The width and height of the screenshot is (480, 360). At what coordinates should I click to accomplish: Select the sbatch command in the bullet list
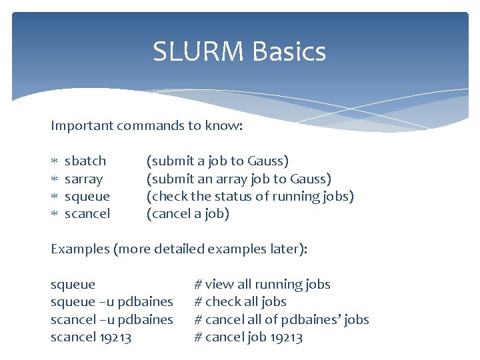click(x=85, y=161)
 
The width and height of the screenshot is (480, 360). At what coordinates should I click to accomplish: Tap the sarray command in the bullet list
click(x=83, y=179)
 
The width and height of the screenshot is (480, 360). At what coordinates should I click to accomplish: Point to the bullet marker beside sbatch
click(x=55, y=161)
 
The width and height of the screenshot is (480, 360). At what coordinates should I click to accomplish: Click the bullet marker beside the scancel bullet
click(x=55, y=214)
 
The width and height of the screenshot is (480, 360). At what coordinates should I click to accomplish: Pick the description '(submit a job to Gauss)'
click(x=217, y=161)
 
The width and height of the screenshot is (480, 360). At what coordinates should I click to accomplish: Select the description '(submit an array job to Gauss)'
click(x=239, y=179)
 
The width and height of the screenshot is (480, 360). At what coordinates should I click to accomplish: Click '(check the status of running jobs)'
click(x=250, y=196)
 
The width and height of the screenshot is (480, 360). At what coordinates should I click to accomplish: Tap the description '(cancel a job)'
click(x=188, y=214)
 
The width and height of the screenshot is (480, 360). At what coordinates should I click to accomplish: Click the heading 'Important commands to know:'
click(x=147, y=125)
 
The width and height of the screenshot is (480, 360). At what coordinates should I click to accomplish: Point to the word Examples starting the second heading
click(x=80, y=249)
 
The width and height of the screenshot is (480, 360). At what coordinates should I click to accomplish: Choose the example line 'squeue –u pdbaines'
click(x=111, y=302)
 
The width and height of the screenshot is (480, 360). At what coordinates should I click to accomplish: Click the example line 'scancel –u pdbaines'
click(x=111, y=319)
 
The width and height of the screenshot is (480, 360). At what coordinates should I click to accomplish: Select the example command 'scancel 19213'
click(x=91, y=337)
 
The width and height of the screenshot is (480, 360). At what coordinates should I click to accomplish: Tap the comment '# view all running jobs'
click(x=262, y=285)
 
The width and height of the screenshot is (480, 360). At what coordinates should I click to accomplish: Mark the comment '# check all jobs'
click(x=240, y=302)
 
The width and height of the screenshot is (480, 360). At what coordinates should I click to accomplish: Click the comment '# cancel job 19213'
click(x=248, y=337)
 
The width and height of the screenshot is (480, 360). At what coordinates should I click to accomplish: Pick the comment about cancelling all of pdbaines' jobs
click(x=281, y=319)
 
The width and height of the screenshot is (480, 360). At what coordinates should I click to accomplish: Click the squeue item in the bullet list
click(x=87, y=196)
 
